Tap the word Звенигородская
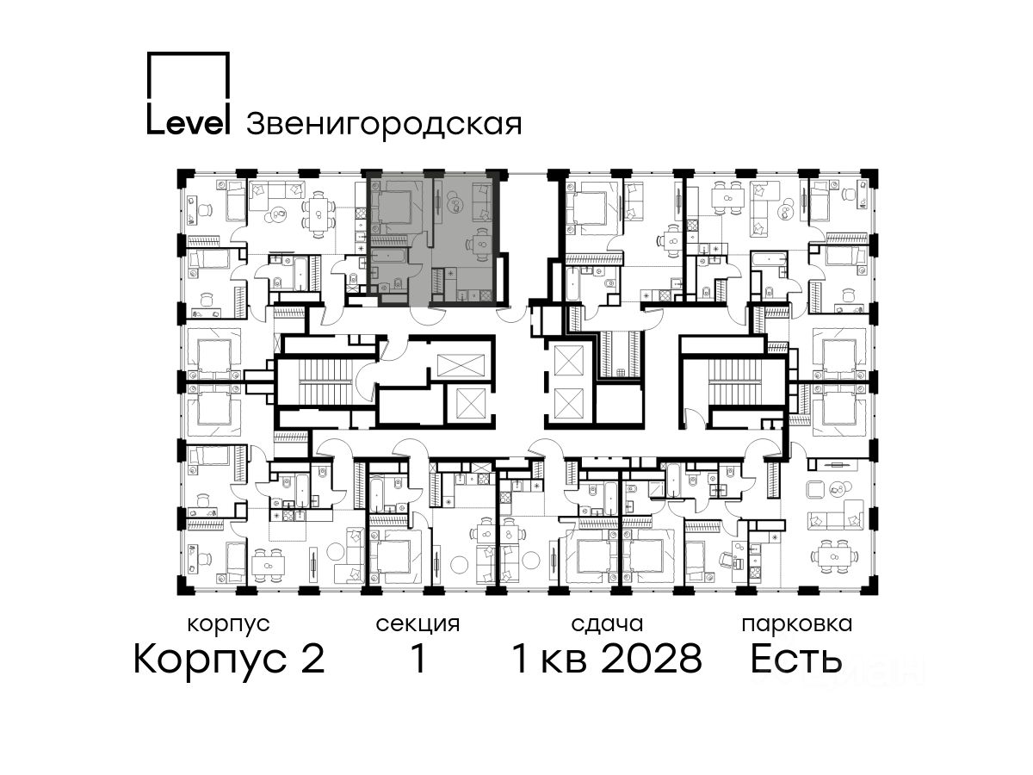coord(384,124)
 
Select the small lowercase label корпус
coord(229,624)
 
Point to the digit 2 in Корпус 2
coord(312,659)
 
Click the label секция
coord(418,624)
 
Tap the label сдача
coord(607,624)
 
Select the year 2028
coord(652,659)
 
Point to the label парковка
coord(797,624)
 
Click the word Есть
coord(795,659)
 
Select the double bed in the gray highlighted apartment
coord(395,208)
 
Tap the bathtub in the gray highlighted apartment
coord(388,257)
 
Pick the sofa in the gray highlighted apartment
coord(482,203)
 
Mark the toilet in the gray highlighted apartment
coord(399,283)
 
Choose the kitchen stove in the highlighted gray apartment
coord(485,295)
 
